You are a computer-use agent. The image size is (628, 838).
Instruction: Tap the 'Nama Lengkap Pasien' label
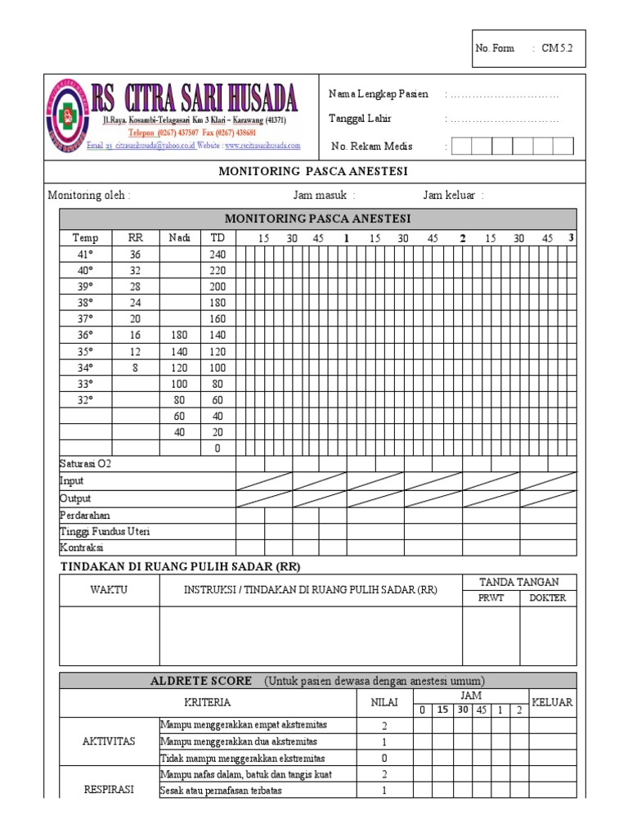click(378, 94)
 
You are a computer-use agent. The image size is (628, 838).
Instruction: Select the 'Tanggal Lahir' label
click(360, 119)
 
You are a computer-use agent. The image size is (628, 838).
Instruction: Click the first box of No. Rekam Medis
click(460, 146)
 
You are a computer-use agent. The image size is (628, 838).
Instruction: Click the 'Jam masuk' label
click(324, 196)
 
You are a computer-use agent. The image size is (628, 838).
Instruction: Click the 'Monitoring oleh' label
click(88, 196)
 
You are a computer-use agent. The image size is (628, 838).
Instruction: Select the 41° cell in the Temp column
click(85, 255)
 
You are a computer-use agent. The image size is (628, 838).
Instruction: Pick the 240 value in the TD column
click(218, 255)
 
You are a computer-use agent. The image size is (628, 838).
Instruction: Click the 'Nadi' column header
click(179, 238)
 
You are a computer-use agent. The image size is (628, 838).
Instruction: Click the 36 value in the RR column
click(135, 255)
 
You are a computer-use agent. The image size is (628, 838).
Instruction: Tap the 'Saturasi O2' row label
click(86, 464)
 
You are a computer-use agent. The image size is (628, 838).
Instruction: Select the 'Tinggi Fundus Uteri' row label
click(104, 531)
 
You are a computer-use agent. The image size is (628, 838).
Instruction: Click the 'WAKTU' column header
click(109, 590)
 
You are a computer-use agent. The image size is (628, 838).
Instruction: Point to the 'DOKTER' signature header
click(547, 598)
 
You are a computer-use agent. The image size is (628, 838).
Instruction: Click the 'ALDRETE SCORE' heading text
click(201, 681)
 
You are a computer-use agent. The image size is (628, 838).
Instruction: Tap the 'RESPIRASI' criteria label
click(109, 790)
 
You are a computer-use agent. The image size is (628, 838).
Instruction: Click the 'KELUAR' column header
click(552, 702)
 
